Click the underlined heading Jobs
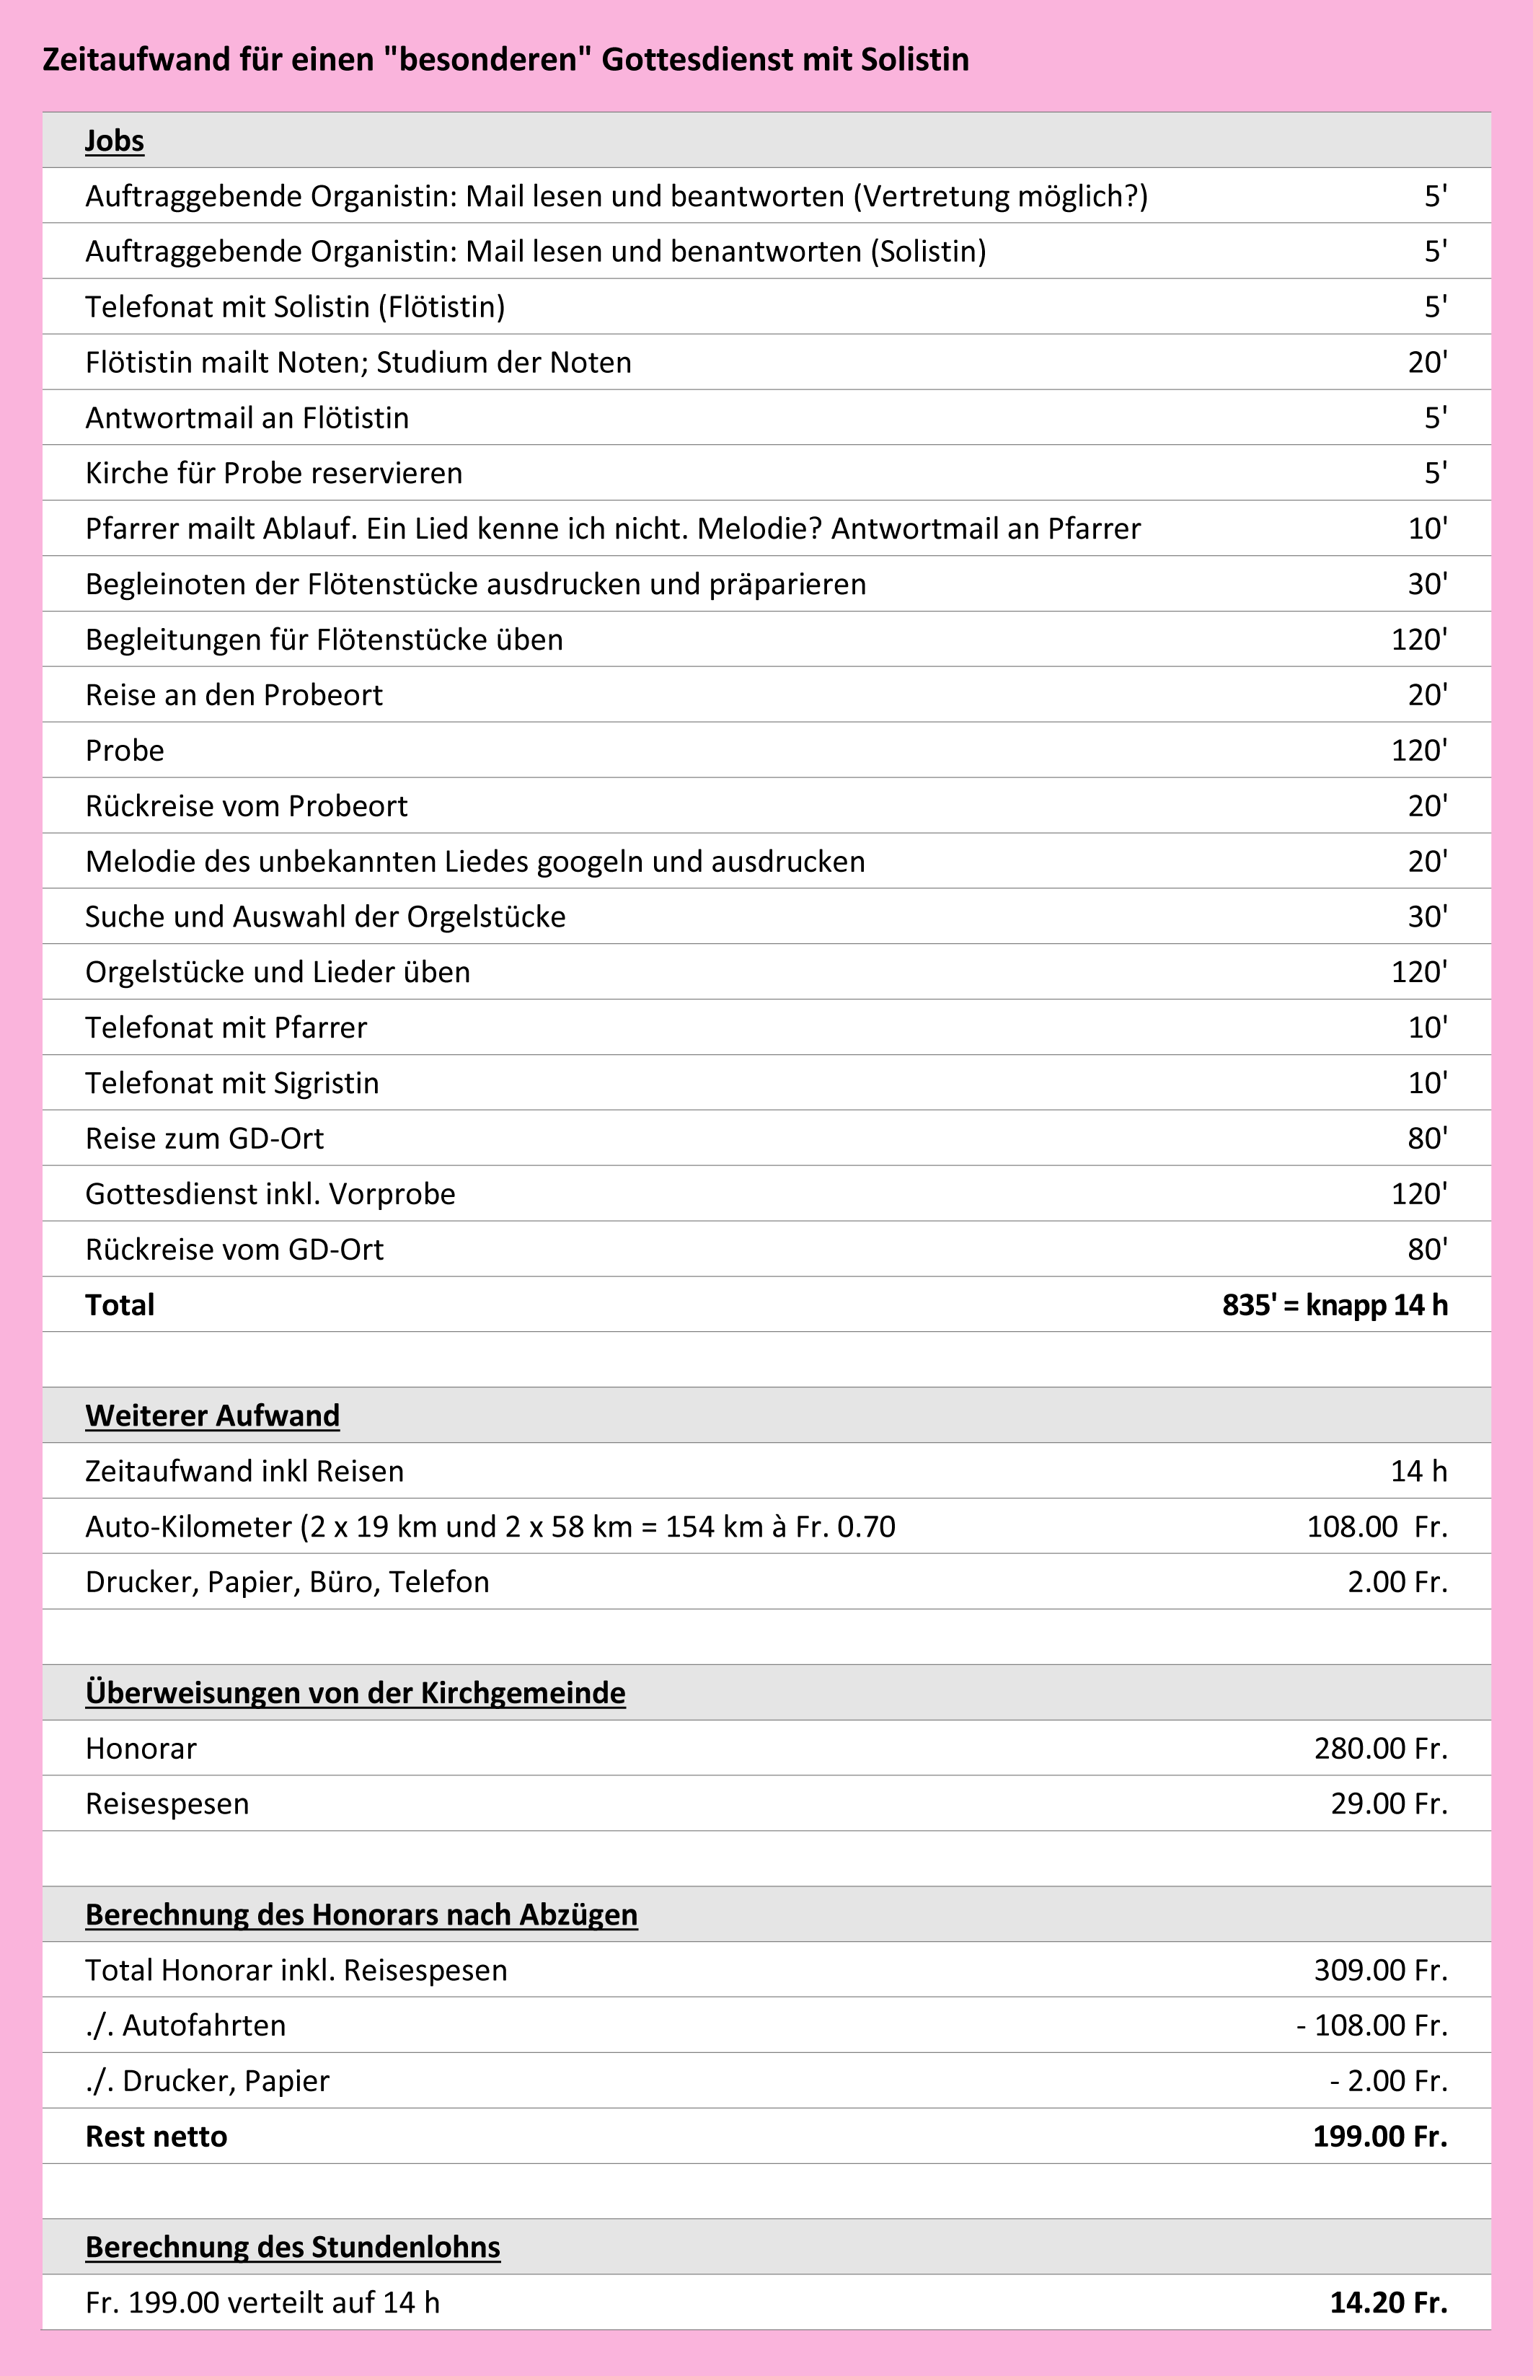[x=115, y=141]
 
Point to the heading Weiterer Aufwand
[x=212, y=1415]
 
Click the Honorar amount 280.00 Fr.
[x=1379, y=1748]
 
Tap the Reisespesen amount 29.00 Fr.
[x=1389, y=1803]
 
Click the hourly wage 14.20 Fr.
[x=1389, y=2302]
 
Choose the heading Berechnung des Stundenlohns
[x=293, y=2247]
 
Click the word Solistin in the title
[x=914, y=60]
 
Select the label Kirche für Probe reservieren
[x=274, y=473]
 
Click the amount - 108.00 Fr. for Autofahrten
[x=1371, y=2025]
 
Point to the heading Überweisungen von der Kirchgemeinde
[x=355, y=1692]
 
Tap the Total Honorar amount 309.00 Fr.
[x=1379, y=1970]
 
